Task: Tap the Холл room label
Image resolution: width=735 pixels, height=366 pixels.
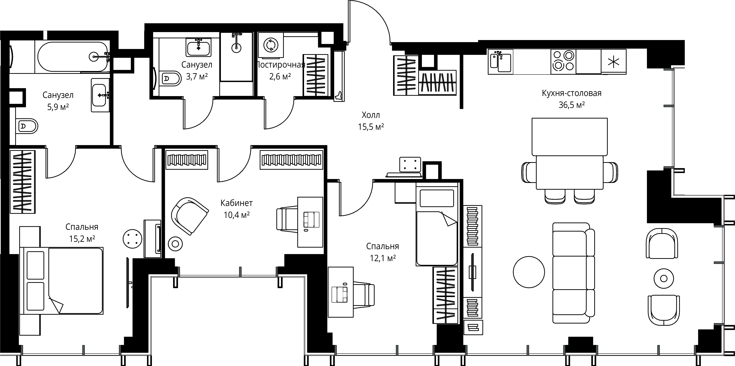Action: coord(371,115)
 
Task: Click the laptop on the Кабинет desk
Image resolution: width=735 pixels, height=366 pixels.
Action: coord(311,220)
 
